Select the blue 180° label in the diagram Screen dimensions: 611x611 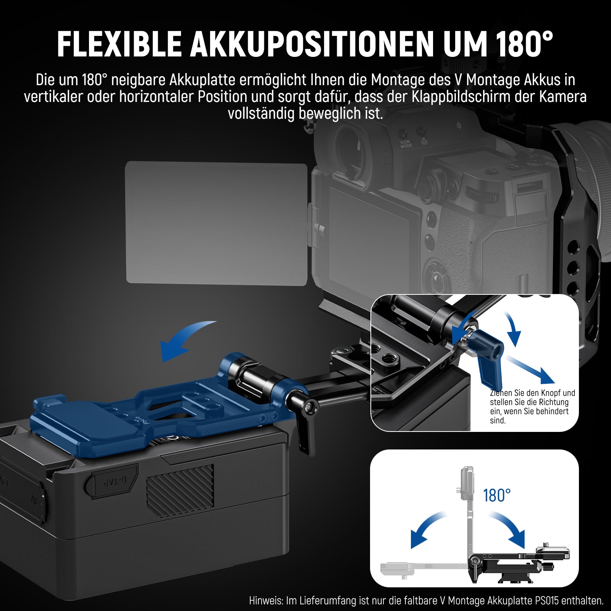496,495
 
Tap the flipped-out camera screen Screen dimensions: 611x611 217,223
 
